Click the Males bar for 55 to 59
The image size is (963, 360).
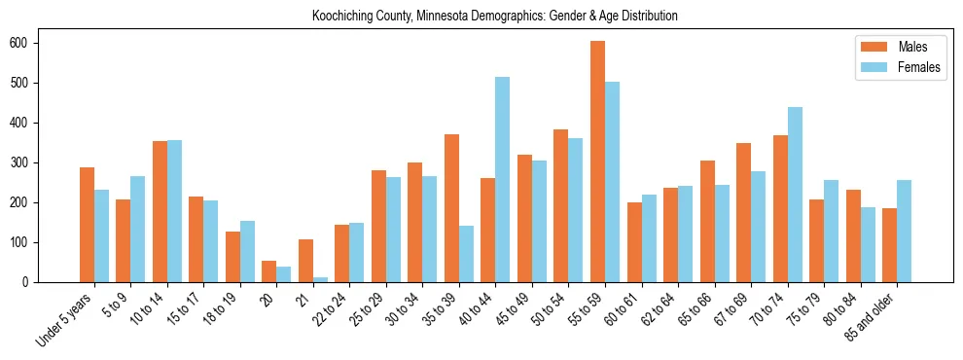coord(597,162)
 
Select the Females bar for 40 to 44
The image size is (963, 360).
coord(502,179)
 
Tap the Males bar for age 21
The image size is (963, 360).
coord(305,261)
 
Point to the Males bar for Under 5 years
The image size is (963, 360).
coord(87,225)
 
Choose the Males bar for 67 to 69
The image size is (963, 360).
coord(743,212)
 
